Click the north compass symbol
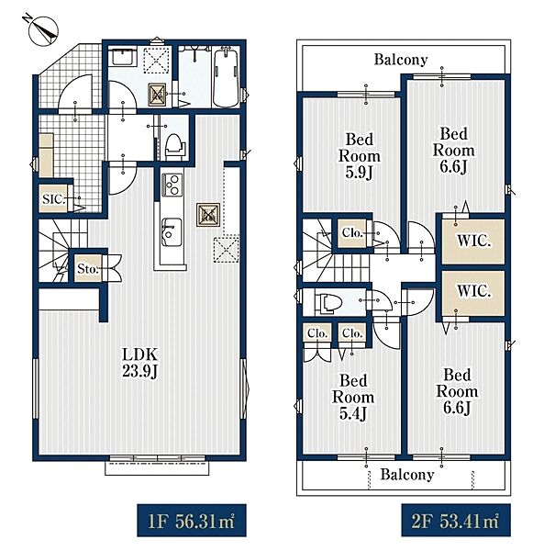42,30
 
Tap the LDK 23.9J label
139,363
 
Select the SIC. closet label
54,199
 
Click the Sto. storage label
87,269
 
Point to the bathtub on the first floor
226,78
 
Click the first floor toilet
174,145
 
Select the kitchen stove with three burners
172,185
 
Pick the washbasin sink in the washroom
123,58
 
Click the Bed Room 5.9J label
359,156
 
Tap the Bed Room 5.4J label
352,397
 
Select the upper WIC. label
473,241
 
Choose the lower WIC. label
473,291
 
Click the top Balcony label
401,60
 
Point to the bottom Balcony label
407,475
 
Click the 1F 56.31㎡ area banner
192,521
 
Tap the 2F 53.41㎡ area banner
456,521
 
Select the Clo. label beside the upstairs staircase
352,232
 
